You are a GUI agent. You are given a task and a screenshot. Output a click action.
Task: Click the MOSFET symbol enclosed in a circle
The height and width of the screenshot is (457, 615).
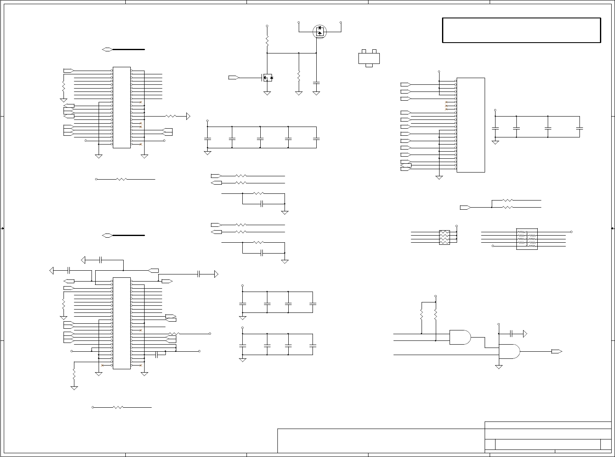[x=320, y=31]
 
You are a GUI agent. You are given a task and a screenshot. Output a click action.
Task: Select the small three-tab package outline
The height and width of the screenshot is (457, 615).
[x=369, y=58]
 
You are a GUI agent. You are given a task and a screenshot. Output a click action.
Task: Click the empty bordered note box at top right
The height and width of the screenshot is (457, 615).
[x=521, y=30]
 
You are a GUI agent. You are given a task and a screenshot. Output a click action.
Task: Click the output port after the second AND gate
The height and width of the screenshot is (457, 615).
[x=556, y=351]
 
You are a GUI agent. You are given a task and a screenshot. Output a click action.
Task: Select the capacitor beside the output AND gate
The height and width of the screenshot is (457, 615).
[x=511, y=333]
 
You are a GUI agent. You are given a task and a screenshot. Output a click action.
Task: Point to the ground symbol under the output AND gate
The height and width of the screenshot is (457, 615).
[x=498, y=366]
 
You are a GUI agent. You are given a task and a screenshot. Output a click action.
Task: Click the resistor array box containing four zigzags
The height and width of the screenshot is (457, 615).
[x=445, y=237]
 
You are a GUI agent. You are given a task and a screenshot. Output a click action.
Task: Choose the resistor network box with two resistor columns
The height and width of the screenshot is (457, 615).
[x=527, y=239]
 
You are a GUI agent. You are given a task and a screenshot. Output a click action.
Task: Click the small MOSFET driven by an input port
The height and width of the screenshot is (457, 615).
[x=267, y=78]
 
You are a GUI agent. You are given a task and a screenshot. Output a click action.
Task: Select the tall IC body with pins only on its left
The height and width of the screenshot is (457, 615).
[x=471, y=125]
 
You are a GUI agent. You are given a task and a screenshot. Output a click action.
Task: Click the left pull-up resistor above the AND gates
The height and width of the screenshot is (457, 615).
[x=422, y=314]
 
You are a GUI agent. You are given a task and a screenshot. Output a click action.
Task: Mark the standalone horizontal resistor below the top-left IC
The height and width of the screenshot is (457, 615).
[x=121, y=179]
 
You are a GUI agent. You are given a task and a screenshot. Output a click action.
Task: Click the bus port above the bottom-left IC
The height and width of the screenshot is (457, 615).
[x=107, y=236]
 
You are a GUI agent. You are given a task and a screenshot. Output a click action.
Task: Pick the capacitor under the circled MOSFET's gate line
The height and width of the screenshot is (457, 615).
[x=316, y=81]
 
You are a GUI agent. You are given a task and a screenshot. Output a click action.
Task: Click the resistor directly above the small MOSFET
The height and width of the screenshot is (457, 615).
[x=267, y=41]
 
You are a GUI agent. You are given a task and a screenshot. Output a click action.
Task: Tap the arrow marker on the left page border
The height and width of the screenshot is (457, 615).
[x=3, y=228]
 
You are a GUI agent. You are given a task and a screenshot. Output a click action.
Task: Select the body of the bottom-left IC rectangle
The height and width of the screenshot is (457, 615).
[x=122, y=323]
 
